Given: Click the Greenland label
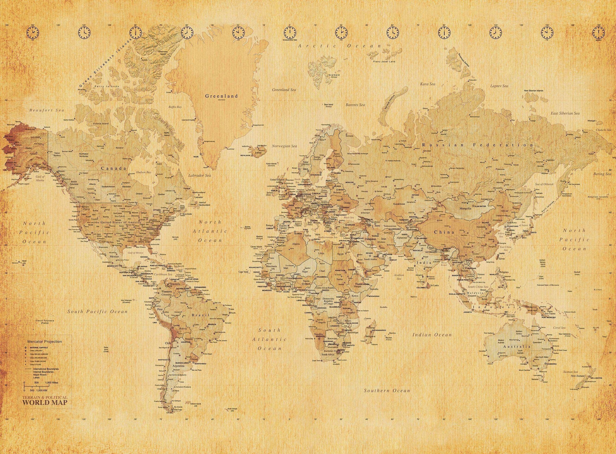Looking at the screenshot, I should coord(222,96).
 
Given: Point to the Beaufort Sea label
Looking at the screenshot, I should coord(47,110).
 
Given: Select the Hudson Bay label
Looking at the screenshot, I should coord(145,172).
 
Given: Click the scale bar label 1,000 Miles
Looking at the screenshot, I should coord(52,383).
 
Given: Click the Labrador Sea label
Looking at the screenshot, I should coord(200,175).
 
